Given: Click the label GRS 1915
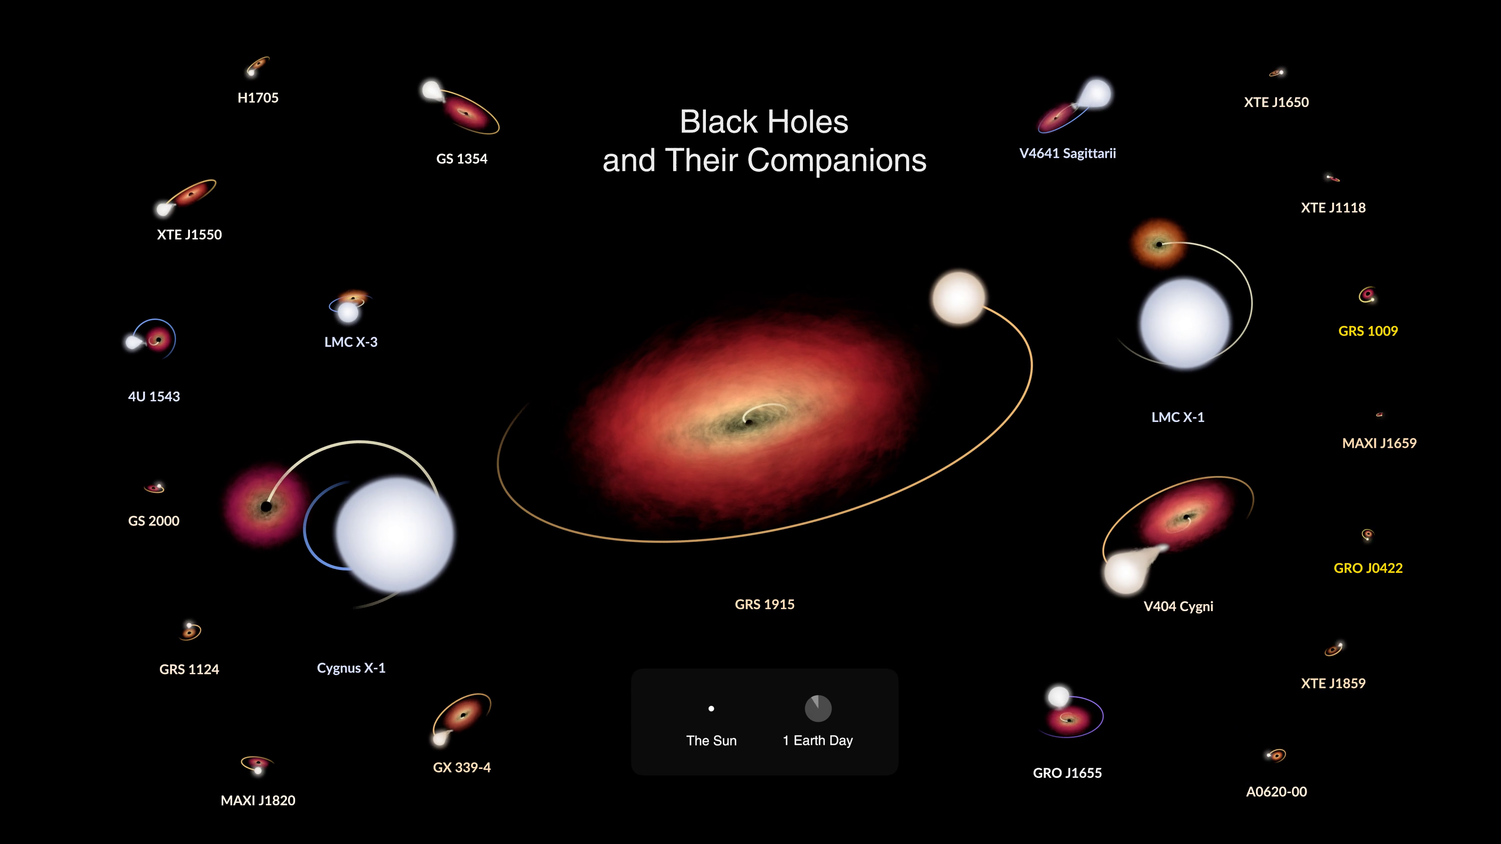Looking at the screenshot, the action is coord(765,604).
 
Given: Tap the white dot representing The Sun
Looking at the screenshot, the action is coord(711,709).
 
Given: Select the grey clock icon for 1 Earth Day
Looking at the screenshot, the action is coord(818,708).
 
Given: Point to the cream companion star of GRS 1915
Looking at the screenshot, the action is coord(958,298).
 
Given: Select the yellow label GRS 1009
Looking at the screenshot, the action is coord(1368,331).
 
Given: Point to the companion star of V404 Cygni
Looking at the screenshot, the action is coord(1125,573).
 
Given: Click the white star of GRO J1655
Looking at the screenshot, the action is coord(1059,696).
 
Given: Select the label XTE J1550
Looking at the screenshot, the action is coord(189,235).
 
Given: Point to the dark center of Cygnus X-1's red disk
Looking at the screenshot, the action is coord(266,506).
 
